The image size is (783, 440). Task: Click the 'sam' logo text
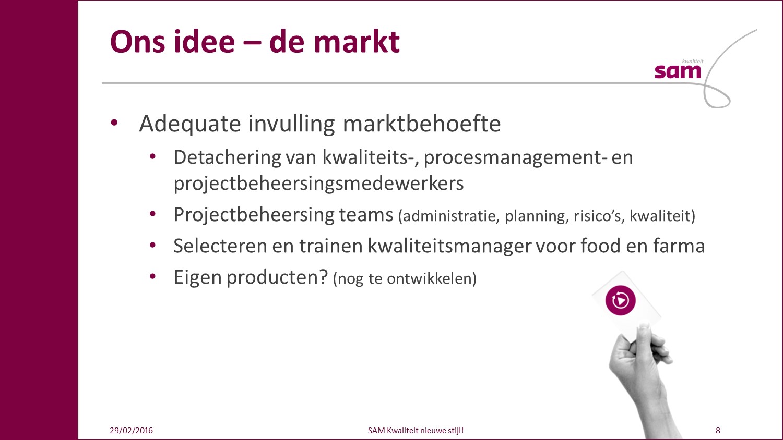click(678, 71)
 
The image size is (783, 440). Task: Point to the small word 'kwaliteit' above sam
click(693, 61)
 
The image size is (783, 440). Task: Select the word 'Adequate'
click(190, 124)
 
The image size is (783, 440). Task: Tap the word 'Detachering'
click(227, 158)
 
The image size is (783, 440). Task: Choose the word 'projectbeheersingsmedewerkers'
click(318, 184)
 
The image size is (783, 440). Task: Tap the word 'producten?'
click(277, 278)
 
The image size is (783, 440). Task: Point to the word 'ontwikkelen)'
click(432, 279)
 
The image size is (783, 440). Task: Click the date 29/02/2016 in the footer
click(131, 431)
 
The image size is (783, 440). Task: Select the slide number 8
click(718, 431)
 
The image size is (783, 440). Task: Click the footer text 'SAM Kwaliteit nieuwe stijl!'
click(416, 431)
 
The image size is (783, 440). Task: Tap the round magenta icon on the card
click(621, 300)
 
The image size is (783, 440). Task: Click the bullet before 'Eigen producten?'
click(152, 277)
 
